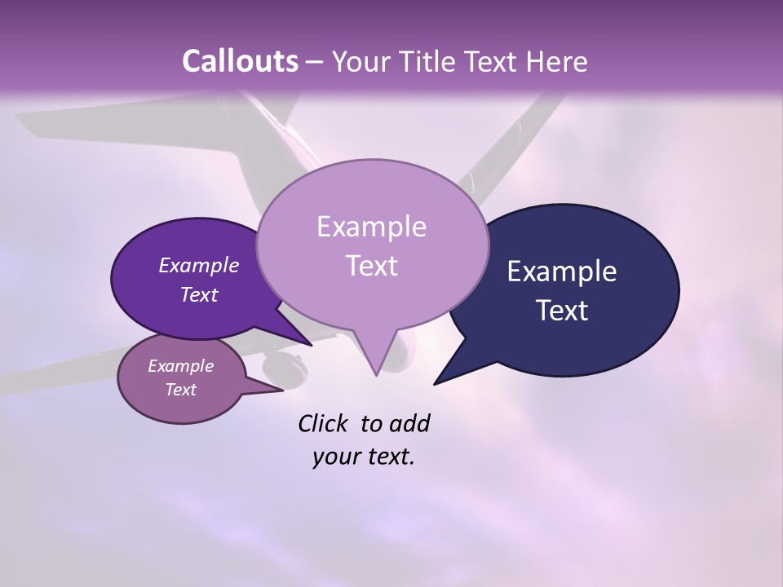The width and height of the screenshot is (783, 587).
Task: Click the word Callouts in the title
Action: click(x=240, y=61)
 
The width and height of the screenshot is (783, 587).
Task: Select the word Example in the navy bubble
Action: click(x=562, y=271)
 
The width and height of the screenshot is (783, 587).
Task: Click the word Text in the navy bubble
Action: click(x=562, y=311)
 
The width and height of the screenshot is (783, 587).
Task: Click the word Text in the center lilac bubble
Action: click(x=371, y=266)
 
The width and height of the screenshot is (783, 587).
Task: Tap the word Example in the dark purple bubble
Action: click(x=199, y=265)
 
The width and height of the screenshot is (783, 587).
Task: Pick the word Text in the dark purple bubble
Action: click(x=199, y=294)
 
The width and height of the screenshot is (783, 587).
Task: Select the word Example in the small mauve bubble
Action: click(x=180, y=366)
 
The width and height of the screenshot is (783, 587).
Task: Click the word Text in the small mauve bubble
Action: click(x=180, y=390)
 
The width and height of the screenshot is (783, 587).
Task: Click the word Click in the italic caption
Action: click(x=325, y=423)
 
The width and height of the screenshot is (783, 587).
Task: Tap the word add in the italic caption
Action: click(x=409, y=423)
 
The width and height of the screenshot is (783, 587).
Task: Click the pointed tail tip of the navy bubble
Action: click(x=435, y=383)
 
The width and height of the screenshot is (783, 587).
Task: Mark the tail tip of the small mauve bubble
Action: click(x=282, y=391)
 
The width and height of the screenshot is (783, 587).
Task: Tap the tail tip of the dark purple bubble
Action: click(x=312, y=345)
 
